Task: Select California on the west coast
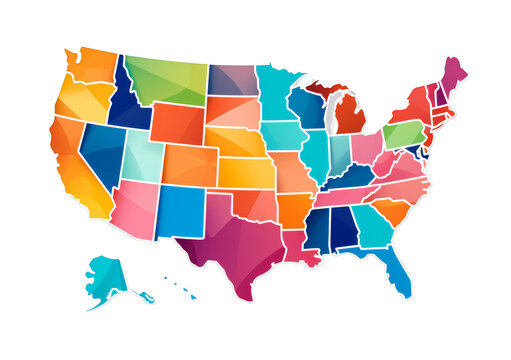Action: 76,166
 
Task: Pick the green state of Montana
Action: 166,80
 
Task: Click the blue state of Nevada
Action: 103,149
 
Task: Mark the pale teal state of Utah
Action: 142,154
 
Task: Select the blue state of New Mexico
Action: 180,211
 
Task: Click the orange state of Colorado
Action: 190,164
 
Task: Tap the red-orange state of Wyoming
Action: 177,123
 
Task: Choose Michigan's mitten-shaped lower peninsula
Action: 349,115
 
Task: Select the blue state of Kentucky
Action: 350,177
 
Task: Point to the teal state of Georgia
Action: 373,227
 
